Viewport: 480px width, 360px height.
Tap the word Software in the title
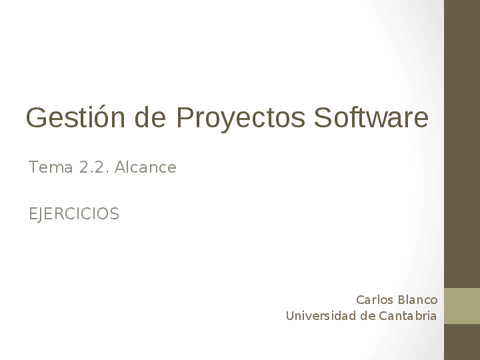tap(371, 118)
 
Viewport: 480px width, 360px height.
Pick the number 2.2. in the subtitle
tap(93, 168)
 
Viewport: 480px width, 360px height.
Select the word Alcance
tap(146, 168)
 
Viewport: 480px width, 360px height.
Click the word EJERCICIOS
tap(74, 213)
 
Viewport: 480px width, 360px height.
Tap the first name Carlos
tap(376, 299)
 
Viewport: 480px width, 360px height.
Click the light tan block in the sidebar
tap(461, 306)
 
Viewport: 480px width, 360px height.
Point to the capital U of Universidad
tap(290, 316)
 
